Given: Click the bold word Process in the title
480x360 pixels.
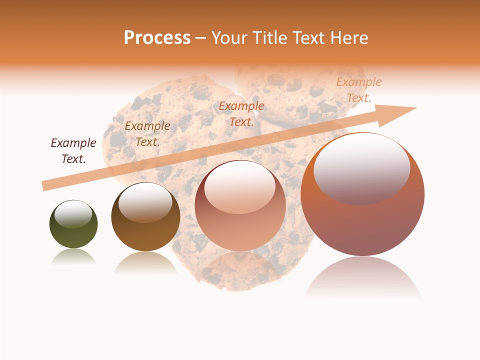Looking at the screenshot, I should [x=157, y=38].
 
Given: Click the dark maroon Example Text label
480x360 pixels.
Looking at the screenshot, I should [x=73, y=151].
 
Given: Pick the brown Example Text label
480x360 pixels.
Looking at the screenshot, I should [x=147, y=134].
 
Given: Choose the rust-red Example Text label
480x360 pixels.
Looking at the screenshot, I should [x=241, y=114].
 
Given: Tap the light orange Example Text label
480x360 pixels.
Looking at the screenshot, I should [x=358, y=90].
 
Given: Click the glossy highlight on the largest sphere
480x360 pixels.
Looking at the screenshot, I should [x=361, y=168].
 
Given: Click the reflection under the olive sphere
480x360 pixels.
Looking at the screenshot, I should [x=73, y=257].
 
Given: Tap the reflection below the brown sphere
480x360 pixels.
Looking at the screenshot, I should [x=145, y=262].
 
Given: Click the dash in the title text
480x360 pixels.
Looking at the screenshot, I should [x=201, y=38].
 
